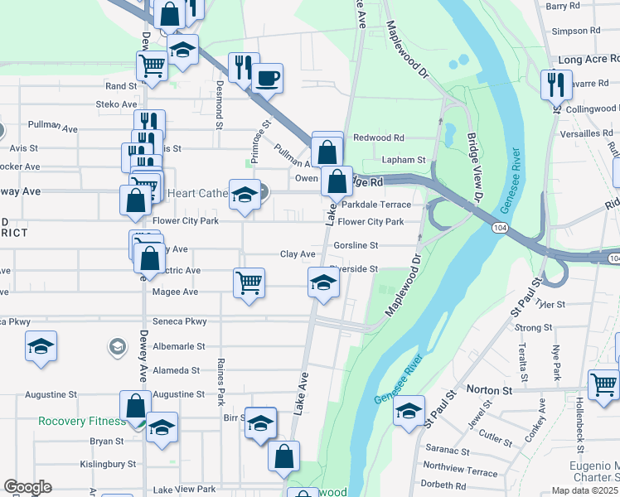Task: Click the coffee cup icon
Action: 267,79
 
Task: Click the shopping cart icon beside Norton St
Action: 603,384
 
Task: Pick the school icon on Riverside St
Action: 323,282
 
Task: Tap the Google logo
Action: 27,487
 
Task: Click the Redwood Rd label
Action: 379,138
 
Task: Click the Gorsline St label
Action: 356,245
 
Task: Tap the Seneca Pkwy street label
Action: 180,321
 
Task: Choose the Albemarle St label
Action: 177,346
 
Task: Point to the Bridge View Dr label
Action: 473,166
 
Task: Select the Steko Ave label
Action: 116,104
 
